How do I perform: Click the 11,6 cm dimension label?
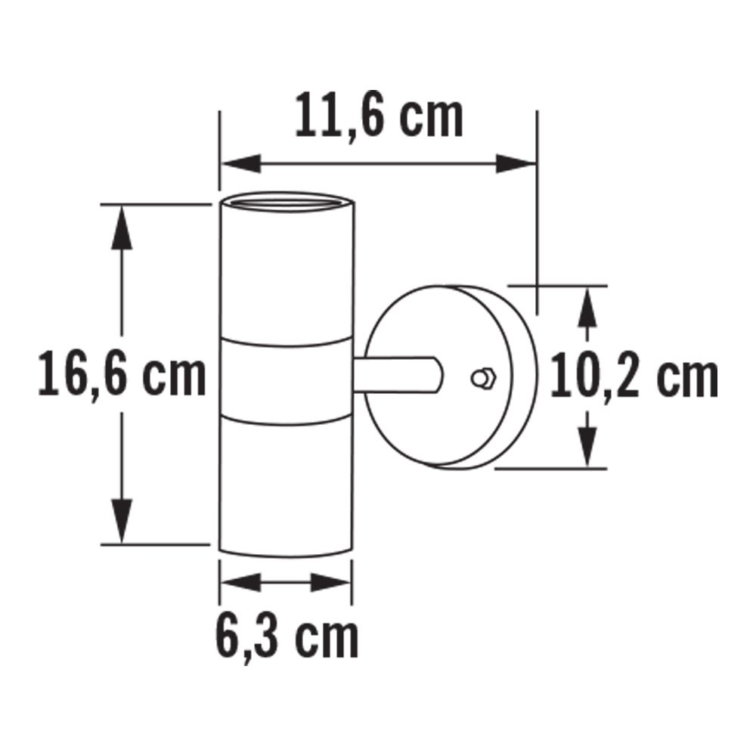pos(379,115)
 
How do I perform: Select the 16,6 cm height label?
pos(122,374)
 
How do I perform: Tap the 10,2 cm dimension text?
pos(634,376)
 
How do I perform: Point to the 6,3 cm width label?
pos(287,637)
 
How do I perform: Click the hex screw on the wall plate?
pos(482,378)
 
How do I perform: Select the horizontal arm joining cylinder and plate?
pos(397,375)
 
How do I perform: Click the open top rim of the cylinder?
pos(287,202)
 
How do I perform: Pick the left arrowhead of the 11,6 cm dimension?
pos(241,164)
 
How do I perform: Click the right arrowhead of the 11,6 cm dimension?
pos(516,164)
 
